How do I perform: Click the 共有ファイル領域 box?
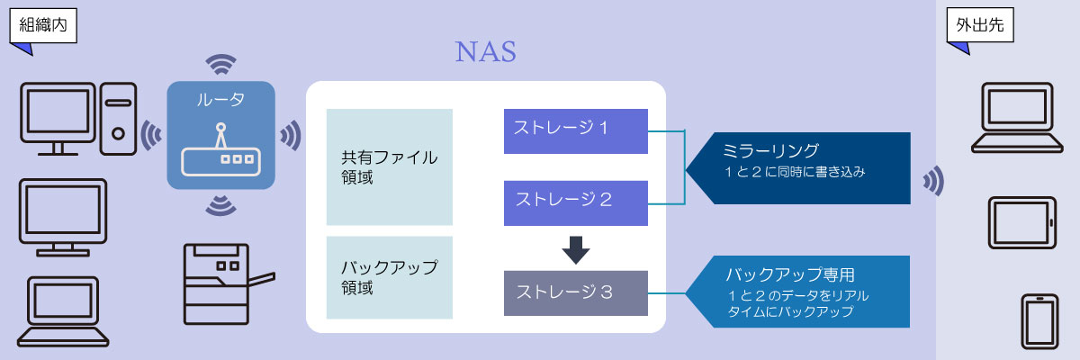pyautogui.click(x=389, y=167)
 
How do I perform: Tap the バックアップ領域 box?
pyautogui.click(x=389, y=277)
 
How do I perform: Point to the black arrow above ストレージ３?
pyautogui.click(x=575, y=248)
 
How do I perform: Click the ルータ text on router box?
pyautogui.click(x=220, y=99)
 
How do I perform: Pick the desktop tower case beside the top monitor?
pyautogui.click(x=117, y=117)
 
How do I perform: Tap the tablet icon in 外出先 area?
pyautogui.click(x=1021, y=221)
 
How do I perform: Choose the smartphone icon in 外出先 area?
pyautogui.click(x=1038, y=319)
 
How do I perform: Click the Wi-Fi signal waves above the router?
pyautogui.click(x=220, y=65)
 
